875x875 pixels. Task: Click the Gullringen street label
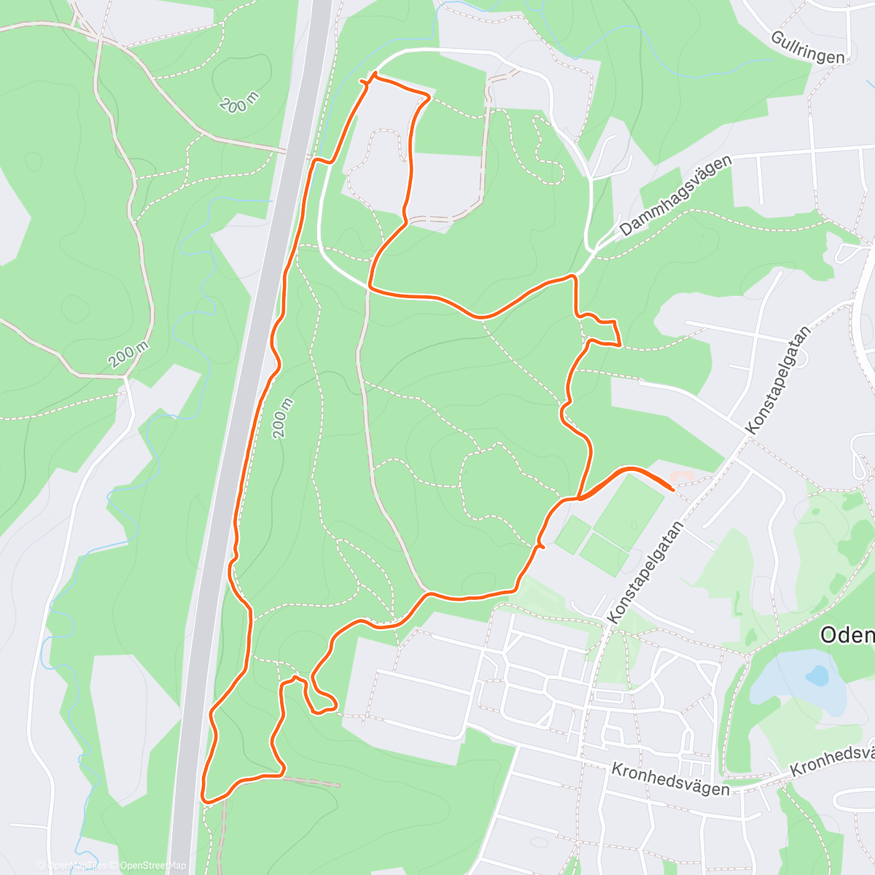point(808,47)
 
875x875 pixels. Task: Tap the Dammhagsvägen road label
point(675,197)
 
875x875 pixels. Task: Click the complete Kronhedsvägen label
point(670,779)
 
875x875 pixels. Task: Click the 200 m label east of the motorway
point(282,419)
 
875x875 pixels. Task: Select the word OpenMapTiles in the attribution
point(77,866)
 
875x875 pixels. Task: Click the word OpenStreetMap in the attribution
point(153,866)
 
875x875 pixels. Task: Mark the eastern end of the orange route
point(671,489)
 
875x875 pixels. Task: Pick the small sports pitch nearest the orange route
point(573,534)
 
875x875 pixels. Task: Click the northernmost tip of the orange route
point(375,74)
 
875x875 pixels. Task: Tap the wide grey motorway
point(241,437)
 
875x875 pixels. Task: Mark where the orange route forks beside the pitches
point(577,499)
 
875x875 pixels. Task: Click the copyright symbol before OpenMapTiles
point(42,866)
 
